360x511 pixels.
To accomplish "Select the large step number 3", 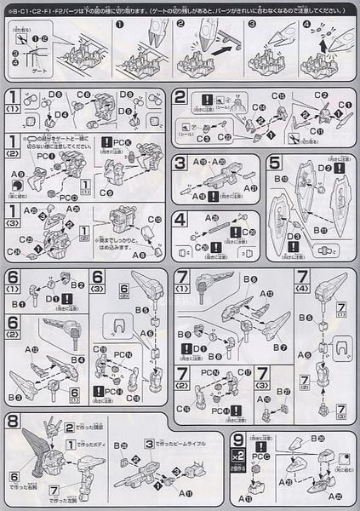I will coord(180,164).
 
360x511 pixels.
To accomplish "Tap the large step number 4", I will coord(180,219).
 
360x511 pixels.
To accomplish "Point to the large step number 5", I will coord(273,164).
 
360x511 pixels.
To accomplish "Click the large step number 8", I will coord(14,422).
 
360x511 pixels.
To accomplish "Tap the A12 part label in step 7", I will coord(269,293).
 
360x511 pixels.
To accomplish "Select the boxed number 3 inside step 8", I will coord(148,442).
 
